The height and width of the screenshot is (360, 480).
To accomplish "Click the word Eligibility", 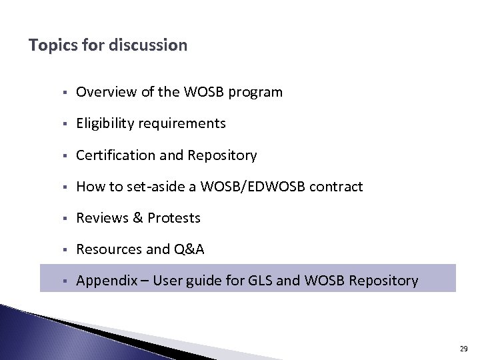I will click(103, 123).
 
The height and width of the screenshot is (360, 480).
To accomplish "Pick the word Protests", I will click(174, 218).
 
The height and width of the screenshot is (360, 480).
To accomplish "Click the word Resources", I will click(109, 249).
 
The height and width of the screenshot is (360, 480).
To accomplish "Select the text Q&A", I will click(189, 250).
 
